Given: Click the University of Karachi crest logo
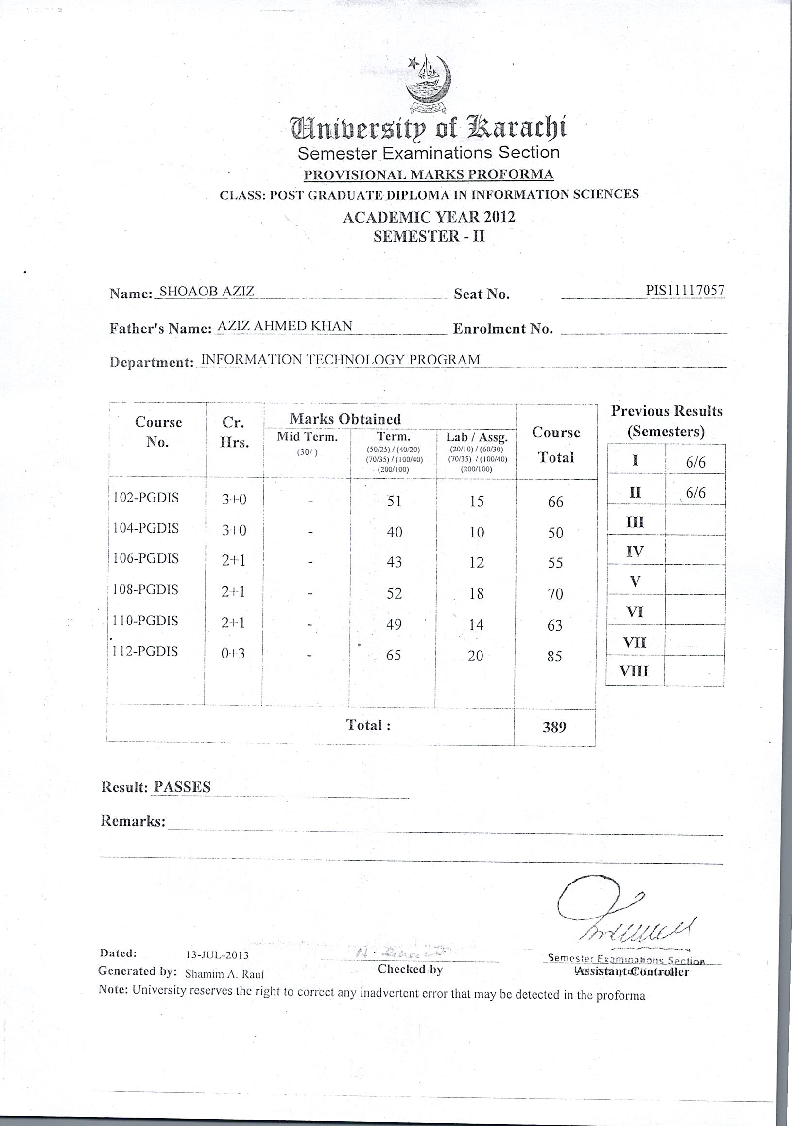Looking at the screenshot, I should [x=428, y=84].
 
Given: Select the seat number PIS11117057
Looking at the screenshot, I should [x=685, y=290].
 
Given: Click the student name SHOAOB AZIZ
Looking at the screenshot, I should [x=207, y=291].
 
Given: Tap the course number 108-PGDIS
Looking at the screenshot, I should [x=146, y=589].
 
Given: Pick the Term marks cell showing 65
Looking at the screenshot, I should [x=393, y=655].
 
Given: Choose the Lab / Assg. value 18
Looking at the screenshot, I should [x=476, y=593].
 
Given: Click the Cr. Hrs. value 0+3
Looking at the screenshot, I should [x=232, y=653].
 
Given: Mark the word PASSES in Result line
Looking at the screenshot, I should [x=182, y=787].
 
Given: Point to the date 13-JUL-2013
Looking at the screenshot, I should [x=217, y=955].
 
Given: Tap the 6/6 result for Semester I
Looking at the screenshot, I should [x=695, y=462].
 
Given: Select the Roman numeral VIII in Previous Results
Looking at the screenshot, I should [x=634, y=671].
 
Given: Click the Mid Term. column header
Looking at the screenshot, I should [x=307, y=437].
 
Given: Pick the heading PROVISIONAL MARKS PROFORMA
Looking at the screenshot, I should [x=429, y=174].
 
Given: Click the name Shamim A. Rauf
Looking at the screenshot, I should [x=224, y=974].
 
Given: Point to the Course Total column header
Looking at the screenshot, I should [x=556, y=444].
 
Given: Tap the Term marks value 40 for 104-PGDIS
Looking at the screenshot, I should [x=394, y=532].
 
